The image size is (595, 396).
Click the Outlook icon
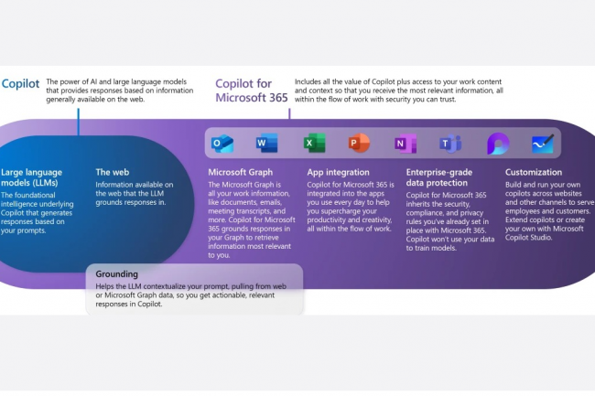[222, 144]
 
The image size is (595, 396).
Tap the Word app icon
[267, 144]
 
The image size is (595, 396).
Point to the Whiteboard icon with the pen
[543, 144]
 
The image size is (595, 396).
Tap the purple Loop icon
[497, 144]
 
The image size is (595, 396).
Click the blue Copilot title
[21, 82]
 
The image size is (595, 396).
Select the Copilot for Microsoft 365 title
[250, 90]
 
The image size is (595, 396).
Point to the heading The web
[114, 171]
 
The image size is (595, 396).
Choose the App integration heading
[339, 171]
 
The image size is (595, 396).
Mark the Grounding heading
[116, 273]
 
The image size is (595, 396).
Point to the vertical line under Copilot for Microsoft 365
[289, 114]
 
